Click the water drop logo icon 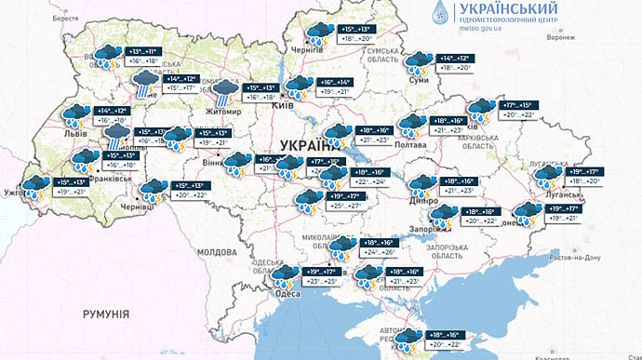pyautogui.click(x=439, y=15)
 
